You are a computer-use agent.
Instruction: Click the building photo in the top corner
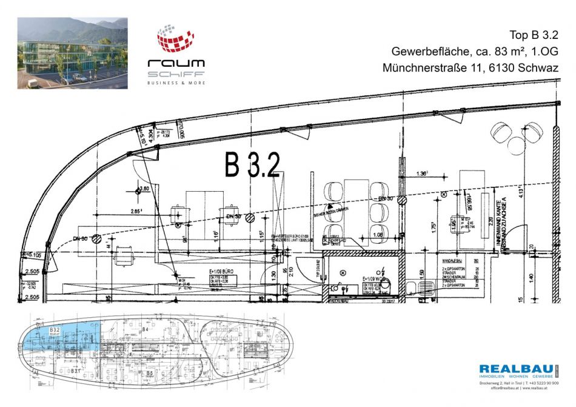coord(72,53)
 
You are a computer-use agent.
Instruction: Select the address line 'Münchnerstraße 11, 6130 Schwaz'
coord(471,68)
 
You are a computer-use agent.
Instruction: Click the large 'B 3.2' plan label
coord(252,164)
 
